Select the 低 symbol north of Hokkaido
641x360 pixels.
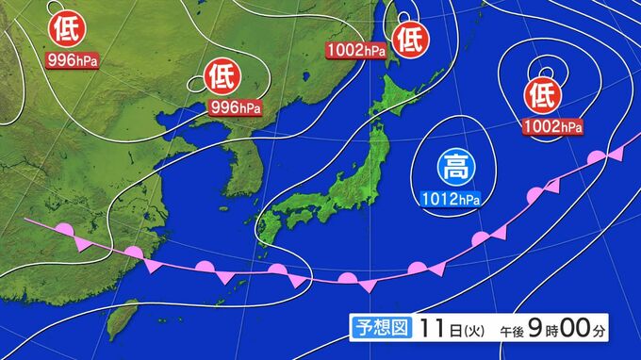[x=410, y=39]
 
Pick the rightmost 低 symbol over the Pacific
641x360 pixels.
[x=541, y=93]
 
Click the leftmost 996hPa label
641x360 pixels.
[x=72, y=62]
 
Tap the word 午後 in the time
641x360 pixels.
[x=512, y=329]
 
